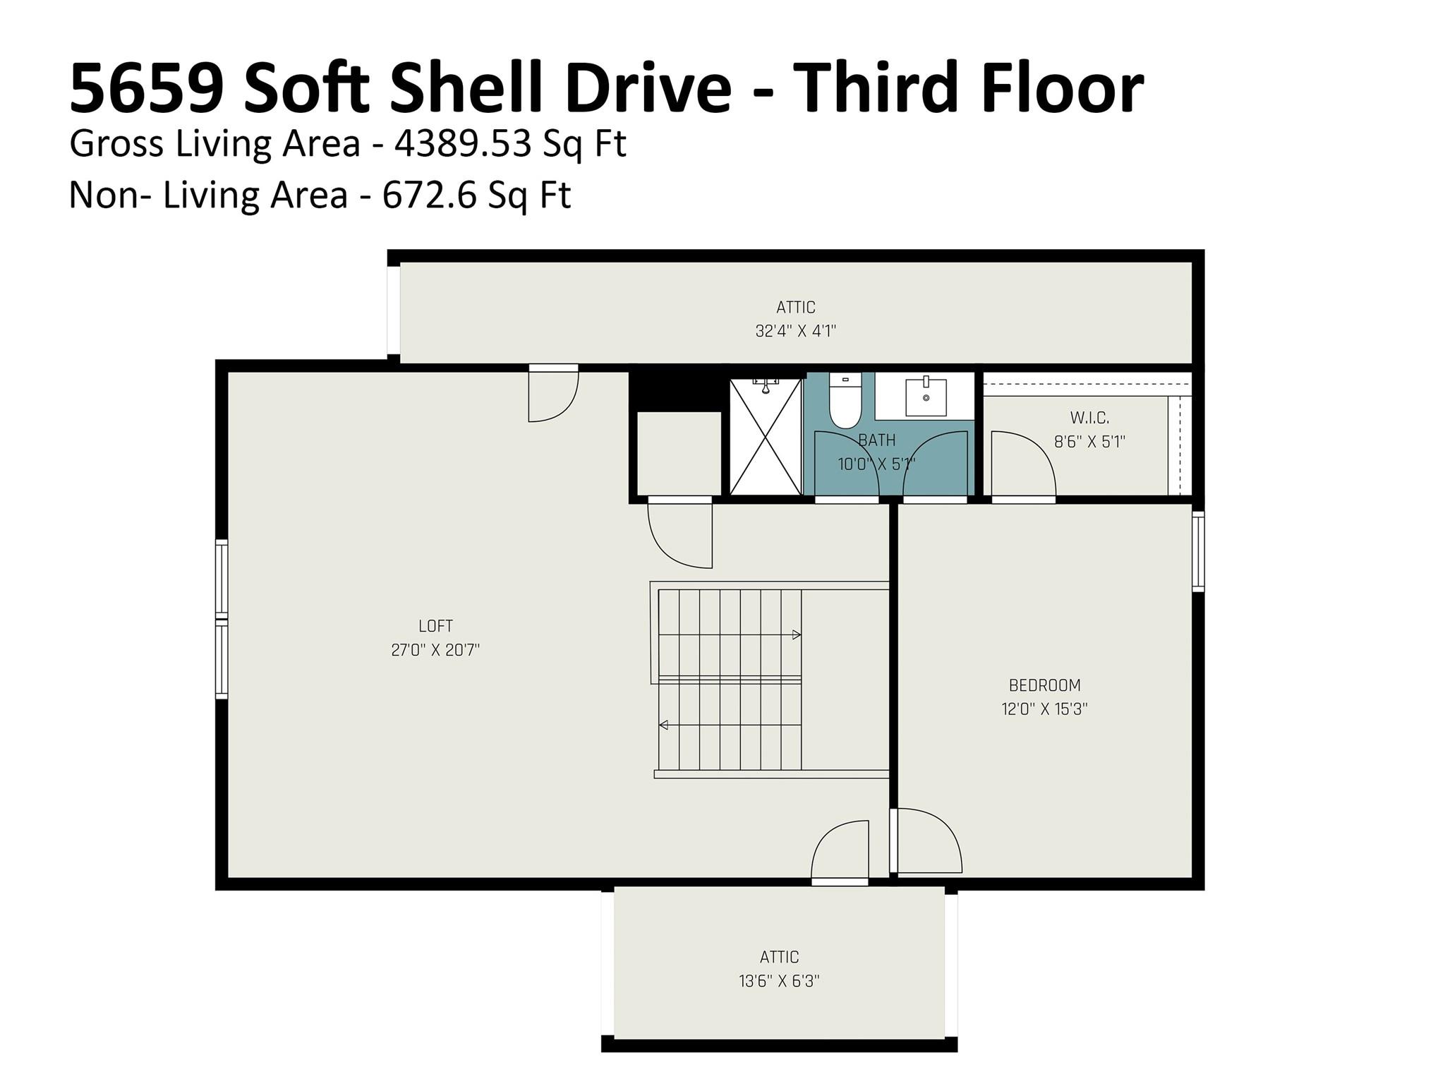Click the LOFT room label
click(435, 626)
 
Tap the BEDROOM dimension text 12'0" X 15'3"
click(1044, 709)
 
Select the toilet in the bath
click(845, 401)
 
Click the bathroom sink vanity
click(925, 397)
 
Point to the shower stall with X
click(766, 436)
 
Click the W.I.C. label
click(1089, 418)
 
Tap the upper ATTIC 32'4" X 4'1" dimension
click(795, 331)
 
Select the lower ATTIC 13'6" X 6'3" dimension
click(779, 981)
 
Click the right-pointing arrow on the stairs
click(797, 634)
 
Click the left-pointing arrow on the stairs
click(664, 725)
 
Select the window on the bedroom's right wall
click(1197, 551)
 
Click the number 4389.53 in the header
click(462, 144)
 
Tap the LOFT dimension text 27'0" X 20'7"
click(435, 650)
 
